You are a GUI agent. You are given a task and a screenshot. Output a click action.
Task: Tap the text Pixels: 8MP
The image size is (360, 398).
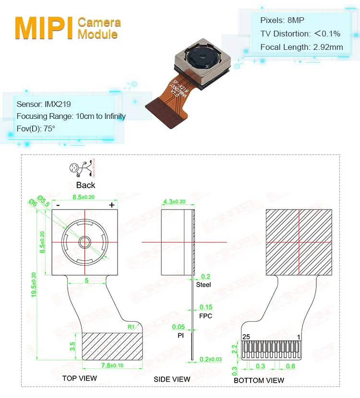(282, 20)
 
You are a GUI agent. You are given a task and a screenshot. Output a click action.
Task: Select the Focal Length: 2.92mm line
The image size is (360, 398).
(301, 47)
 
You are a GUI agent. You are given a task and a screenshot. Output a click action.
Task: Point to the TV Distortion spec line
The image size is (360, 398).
(300, 34)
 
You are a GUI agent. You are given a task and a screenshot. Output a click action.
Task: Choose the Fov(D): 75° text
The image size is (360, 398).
(36, 129)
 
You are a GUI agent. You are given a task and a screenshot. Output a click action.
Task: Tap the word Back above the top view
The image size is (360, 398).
(85, 185)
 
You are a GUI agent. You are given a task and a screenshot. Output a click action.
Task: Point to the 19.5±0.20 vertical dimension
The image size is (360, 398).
(34, 285)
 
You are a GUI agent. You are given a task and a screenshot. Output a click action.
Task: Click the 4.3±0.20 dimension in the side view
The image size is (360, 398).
(174, 201)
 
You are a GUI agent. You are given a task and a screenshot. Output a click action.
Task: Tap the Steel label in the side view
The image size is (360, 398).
(204, 285)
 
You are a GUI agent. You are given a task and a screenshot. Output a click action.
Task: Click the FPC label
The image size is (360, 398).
(205, 316)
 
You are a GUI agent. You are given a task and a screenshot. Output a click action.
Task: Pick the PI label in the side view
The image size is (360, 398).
(180, 336)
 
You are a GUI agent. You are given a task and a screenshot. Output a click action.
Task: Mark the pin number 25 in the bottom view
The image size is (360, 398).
(247, 337)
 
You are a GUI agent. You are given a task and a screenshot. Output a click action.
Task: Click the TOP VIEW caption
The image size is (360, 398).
(79, 378)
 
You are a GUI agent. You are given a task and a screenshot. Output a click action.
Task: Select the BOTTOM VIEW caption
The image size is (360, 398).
(259, 380)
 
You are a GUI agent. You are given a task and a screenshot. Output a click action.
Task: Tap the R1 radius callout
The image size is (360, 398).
(131, 327)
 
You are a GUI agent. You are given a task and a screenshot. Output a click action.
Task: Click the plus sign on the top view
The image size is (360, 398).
(112, 205)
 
